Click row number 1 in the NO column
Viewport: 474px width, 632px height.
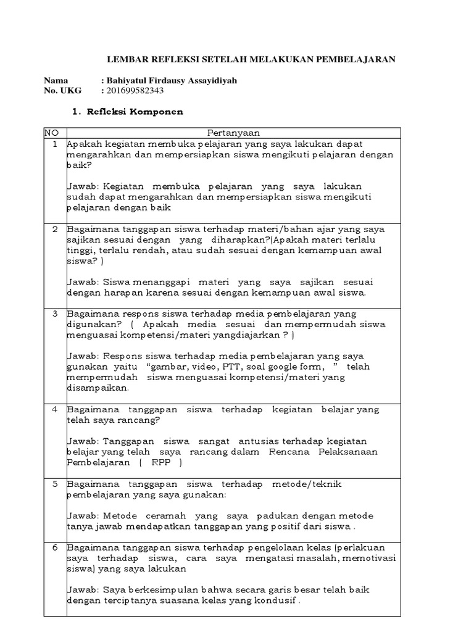click(54, 144)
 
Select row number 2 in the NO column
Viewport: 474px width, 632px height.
click(54, 229)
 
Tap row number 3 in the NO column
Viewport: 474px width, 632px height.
click(54, 314)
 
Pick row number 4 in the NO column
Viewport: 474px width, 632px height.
click(54, 409)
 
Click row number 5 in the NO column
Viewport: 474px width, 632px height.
click(54, 484)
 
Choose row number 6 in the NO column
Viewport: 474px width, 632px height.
click(54, 547)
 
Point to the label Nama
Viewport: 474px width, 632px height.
click(56, 81)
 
